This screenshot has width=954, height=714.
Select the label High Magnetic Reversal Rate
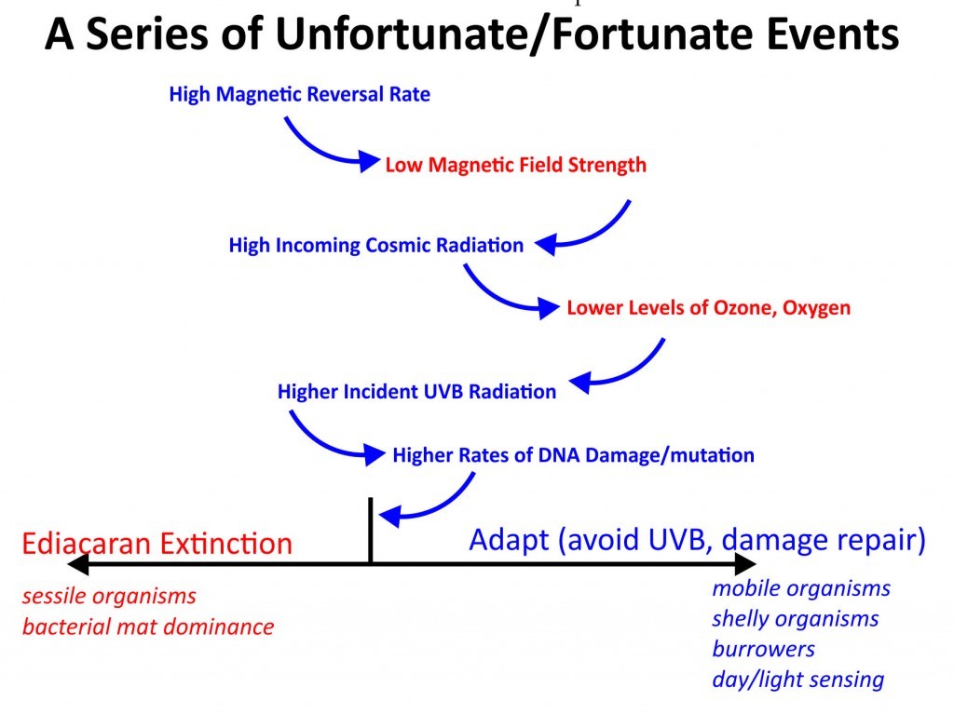(299, 94)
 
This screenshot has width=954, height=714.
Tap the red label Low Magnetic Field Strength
(515, 165)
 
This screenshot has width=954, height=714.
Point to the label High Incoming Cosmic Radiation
(376, 245)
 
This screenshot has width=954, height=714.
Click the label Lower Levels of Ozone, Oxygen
(708, 308)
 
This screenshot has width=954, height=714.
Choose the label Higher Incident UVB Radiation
(416, 392)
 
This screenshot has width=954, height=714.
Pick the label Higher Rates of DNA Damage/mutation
(573, 455)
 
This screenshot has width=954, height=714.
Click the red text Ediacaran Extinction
(157, 543)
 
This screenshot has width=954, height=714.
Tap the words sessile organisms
(110, 596)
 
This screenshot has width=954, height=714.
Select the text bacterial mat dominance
(148, 626)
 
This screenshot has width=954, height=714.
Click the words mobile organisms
(801, 588)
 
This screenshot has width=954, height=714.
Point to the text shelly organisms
(796, 619)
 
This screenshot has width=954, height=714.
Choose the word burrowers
(764, 649)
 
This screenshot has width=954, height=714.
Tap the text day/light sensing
(797, 680)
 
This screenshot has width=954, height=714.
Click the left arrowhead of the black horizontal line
(77, 564)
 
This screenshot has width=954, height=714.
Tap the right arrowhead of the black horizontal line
(745, 564)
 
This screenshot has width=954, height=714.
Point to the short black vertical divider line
(370, 531)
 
